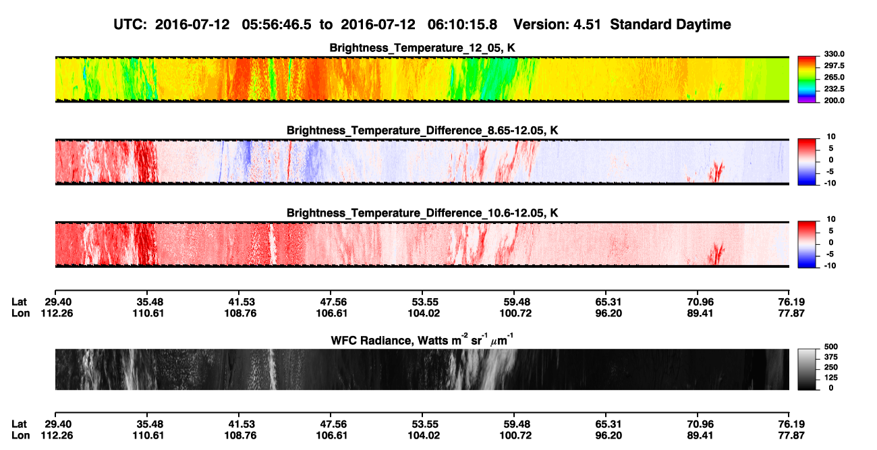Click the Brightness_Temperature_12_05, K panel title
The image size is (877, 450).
422,48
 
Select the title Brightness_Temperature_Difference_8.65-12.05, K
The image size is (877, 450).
422,130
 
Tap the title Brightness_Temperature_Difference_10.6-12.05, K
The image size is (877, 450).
422,213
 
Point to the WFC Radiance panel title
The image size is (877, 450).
422,339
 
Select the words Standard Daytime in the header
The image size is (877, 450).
671,24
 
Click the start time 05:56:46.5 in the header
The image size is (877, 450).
277,24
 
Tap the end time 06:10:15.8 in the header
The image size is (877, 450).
462,24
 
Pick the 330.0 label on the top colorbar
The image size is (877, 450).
834,54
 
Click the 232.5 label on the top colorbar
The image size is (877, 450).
834,89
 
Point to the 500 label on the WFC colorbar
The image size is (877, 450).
831,347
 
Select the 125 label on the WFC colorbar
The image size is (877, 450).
831,378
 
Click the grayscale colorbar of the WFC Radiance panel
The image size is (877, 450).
807,369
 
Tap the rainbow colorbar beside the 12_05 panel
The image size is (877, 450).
807,80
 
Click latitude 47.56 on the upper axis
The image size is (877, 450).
333,302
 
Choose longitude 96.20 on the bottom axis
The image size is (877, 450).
609,436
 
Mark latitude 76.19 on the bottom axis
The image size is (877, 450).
791,424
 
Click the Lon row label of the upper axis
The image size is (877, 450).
20,313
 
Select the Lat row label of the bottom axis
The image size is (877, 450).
19,424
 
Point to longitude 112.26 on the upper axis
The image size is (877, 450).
57,313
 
